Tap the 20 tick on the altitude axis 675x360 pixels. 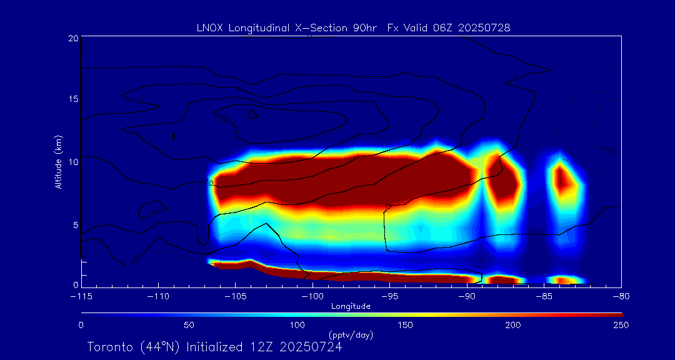tap(73, 38)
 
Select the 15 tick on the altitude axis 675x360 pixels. tap(73, 100)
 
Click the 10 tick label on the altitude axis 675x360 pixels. tap(73, 162)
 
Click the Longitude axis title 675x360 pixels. tap(351, 306)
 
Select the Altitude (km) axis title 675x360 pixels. tap(59, 162)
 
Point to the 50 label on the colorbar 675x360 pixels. tap(189, 325)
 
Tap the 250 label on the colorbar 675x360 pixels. tap(621, 325)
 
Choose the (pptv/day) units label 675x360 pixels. tap(351, 335)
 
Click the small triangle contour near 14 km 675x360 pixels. tap(252, 114)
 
